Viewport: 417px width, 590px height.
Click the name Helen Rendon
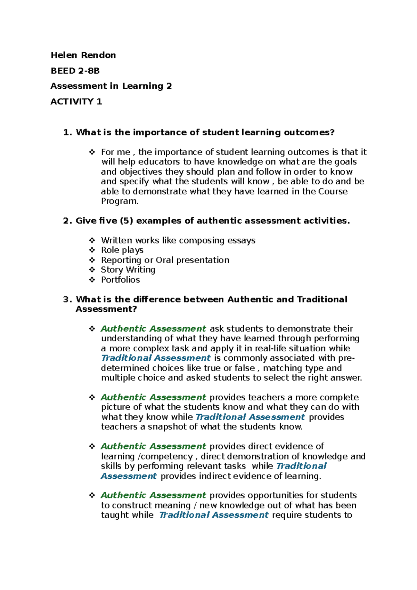click(x=83, y=55)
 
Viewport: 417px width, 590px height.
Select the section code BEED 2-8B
click(x=75, y=71)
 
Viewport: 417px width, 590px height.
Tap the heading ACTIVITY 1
click(x=76, y=102)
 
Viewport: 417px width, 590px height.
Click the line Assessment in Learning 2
click(x=111, y=86)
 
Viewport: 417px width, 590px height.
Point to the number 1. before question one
click(x=67, y=132)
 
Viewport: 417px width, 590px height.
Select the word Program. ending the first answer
click(x=120, y=201)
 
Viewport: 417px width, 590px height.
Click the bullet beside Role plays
click(x=92, y=250)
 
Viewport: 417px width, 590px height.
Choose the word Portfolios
click(x=120, y=279)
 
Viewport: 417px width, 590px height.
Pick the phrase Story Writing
click(x=128, y=270)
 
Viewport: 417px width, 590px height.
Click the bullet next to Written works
click(x=92, y=240)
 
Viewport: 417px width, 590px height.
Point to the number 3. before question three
click(x=67, y=299)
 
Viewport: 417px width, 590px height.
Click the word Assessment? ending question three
click(x=106, y=309)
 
